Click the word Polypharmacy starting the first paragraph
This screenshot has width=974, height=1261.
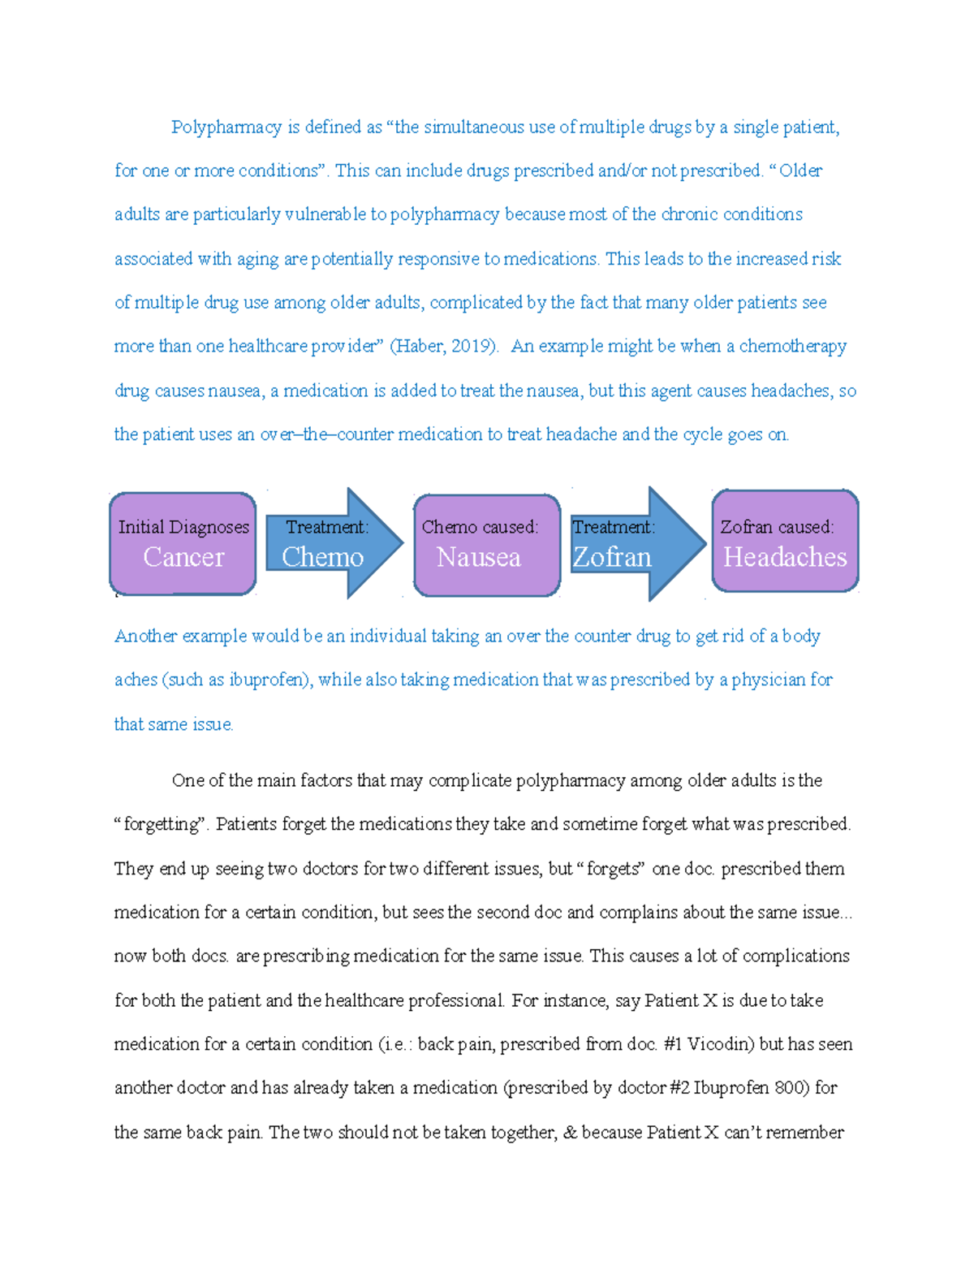pos(226,127)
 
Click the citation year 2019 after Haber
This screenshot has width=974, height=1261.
pos(471,347)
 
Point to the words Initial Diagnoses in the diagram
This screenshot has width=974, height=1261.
pos(183,527)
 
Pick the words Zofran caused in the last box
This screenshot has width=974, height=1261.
pos(776,527)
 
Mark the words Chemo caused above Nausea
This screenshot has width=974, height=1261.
pos(479,527)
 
